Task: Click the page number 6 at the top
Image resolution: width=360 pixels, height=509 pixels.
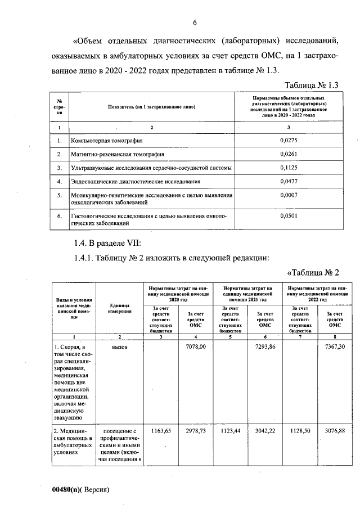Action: (195, 23)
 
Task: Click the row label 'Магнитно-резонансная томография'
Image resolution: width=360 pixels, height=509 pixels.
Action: (117, 154)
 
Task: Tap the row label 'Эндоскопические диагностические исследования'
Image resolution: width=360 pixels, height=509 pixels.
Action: (135, 182)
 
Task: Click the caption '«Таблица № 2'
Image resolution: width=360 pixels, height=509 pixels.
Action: (313, 273)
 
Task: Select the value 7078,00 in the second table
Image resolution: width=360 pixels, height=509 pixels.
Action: (196, 348)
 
